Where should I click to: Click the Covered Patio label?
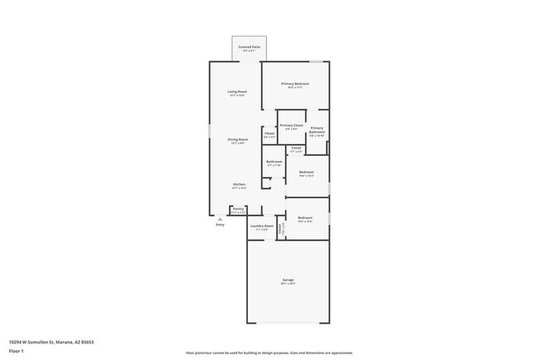249,47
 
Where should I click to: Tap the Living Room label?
238,91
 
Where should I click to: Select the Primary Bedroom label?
294,84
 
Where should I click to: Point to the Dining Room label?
238,139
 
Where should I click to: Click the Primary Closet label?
291,125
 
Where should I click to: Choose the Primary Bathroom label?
317,130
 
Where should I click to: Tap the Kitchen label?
239,184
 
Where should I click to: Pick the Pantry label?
238,208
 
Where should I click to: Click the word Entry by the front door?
220,225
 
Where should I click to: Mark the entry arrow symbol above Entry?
220,219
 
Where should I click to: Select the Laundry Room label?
262,226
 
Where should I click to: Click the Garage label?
288,280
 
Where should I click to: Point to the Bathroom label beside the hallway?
274,161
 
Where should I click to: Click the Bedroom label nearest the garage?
305,217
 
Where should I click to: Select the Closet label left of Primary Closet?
269,133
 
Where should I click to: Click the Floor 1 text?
17,352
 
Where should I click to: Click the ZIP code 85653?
86,341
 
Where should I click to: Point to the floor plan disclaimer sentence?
269,353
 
